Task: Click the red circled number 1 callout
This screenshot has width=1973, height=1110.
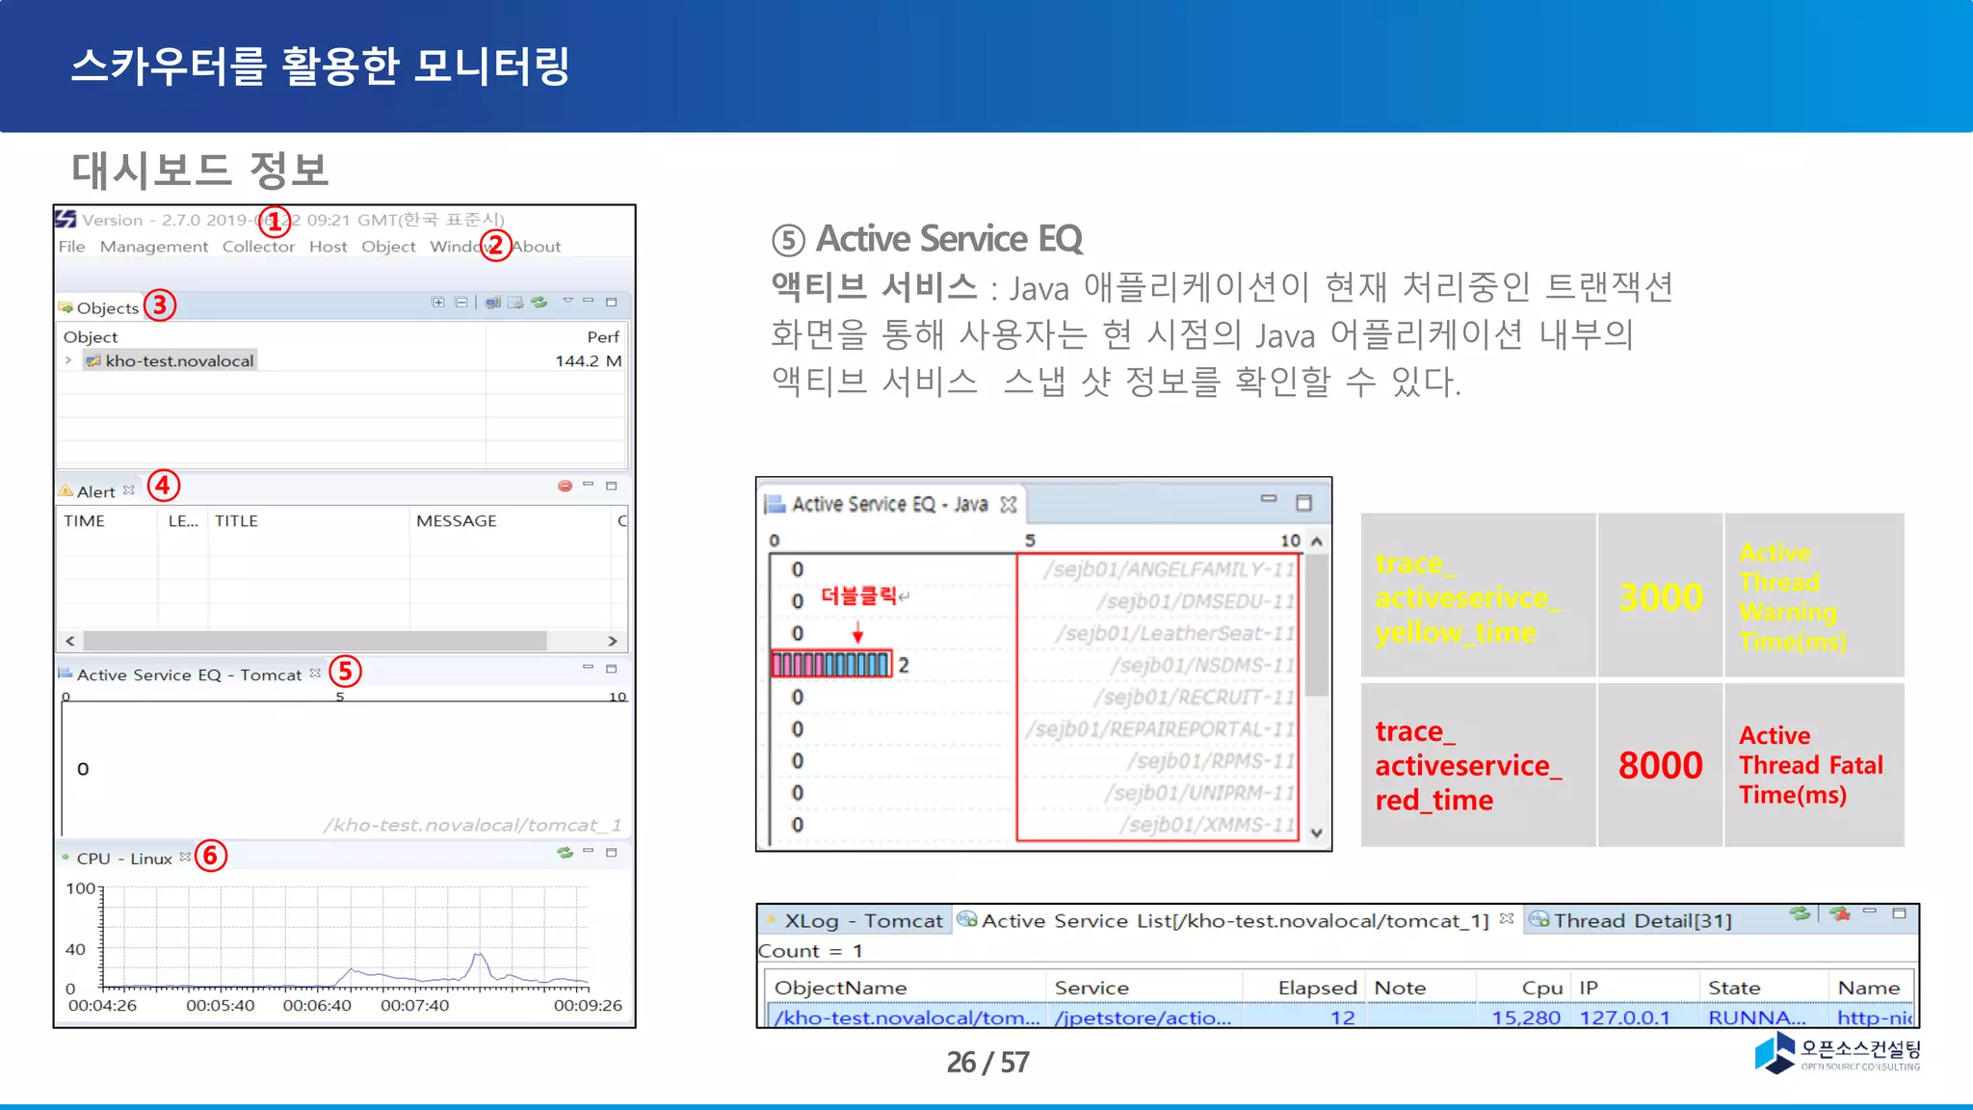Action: [275, 222]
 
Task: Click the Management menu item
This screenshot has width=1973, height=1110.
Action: [153, 247]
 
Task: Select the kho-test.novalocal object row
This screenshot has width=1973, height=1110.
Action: [178, 361]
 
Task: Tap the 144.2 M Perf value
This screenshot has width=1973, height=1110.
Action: [588, 361]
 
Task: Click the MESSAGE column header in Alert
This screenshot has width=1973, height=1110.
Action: [456, 521]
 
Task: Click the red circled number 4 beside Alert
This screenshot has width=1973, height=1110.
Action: [163, 485]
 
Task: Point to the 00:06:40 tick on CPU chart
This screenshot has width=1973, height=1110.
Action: [317, 1005]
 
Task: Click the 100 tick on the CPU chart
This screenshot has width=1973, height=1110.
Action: [80, 888]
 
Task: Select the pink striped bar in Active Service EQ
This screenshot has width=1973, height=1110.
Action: [830, 665]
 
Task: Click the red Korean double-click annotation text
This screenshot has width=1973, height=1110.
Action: [858, 596]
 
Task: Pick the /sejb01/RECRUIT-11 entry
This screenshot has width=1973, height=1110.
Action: [1194, 697]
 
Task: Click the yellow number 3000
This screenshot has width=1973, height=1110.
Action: [1660, 597]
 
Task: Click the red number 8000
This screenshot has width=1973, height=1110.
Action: [1660, 766]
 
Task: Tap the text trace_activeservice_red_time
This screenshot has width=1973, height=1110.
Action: [1466, 766]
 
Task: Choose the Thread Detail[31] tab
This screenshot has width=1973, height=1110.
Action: [1641, 921]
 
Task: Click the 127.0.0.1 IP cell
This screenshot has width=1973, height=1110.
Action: [1624, 1017]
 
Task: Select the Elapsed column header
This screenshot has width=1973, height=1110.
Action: [1316, 988]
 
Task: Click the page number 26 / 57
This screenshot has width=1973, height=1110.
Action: [987, 1062]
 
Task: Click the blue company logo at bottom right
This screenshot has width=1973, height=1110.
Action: [1775, 1052]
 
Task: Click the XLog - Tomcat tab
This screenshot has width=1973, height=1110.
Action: [861, 921]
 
